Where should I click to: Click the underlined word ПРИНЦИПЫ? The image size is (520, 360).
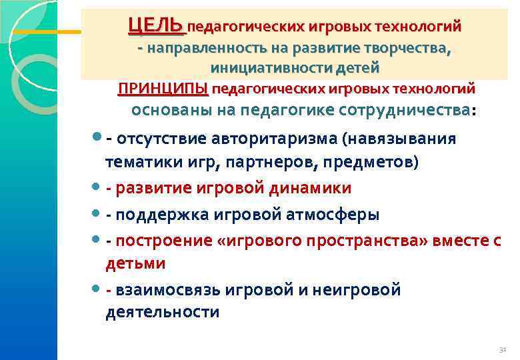163,89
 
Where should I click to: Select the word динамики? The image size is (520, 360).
310,189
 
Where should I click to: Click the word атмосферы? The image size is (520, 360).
337,215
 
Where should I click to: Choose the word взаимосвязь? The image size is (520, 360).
167,290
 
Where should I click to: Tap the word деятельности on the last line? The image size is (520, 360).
162,312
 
